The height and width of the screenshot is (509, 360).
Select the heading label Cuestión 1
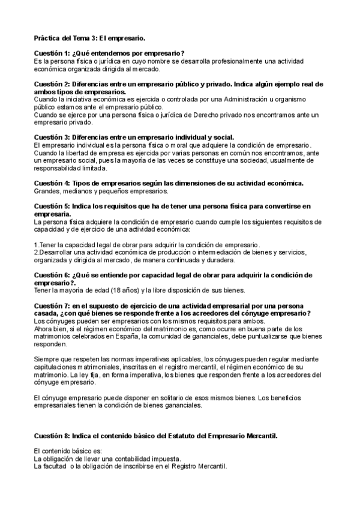click(51, 53)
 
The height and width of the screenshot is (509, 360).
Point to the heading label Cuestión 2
click(51, 84)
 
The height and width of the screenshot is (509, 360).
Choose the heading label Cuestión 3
click(51, 138)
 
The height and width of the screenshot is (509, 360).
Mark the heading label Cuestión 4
click(51, 183)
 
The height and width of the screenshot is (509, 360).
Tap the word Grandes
click(47, 191)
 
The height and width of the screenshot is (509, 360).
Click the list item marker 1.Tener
click(45, 245)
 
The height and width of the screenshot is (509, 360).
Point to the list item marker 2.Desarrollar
click(53, 253)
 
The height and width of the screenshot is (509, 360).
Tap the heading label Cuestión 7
click(51, 306)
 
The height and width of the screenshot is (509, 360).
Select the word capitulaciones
click(58, 367)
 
